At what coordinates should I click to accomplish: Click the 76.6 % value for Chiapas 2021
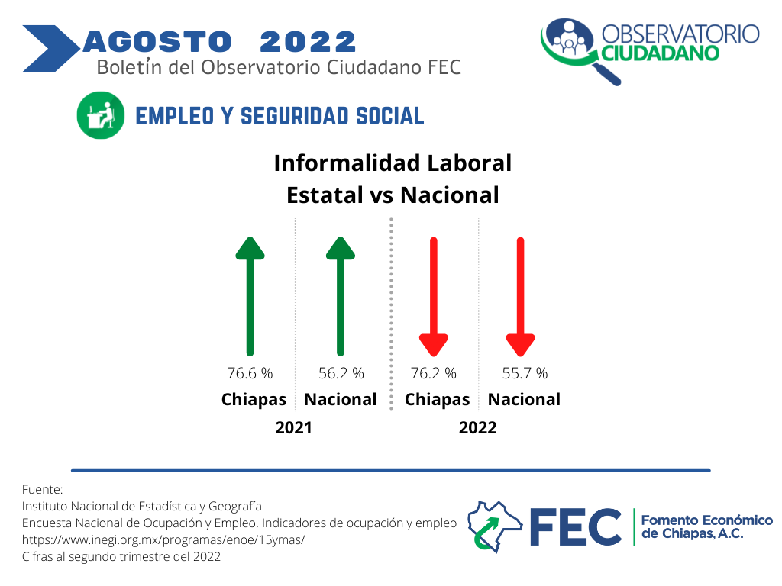pos(250,373)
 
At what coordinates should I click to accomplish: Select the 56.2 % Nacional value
pos(341,373)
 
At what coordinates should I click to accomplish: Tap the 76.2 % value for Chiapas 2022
pos(434,373)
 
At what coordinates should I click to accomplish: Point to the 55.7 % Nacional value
pos(525,373)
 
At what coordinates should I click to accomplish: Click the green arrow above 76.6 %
pos(250,297)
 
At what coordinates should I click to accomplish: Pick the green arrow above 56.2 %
pos(341,297)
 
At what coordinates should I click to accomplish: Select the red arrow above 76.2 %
pos(434,297)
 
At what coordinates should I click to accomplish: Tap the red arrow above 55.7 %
pos(520,297)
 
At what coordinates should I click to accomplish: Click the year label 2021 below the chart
pos(293,427)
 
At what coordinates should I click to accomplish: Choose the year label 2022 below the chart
pos(478,427)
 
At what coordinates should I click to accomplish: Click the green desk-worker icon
pos(101,115)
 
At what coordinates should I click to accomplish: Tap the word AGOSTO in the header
pos(157,42)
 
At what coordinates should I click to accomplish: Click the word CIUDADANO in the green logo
pos(661,53)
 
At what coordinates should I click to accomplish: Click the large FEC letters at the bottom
pos(576,526)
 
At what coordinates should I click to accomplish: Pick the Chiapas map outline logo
pos(494,526)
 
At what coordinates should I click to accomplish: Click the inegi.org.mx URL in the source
pos(163,539)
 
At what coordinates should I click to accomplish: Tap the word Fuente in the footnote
pos(41,489)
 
